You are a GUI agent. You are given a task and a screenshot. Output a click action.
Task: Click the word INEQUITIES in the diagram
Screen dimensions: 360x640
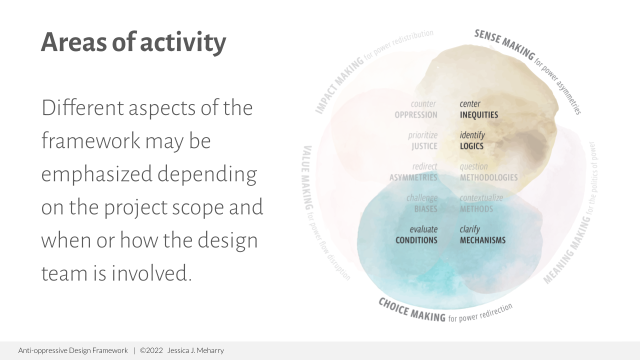pyautogui.click(x=478, y=115)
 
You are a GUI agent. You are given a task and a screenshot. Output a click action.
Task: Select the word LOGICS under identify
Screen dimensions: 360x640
pyautogui.click(x=471, y=146)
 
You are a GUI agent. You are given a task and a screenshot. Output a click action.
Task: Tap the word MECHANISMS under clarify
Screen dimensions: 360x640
pyautogui.click(x=482, y=240)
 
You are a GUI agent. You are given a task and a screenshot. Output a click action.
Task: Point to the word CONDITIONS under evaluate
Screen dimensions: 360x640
pyautogui.click(x=416, y=240)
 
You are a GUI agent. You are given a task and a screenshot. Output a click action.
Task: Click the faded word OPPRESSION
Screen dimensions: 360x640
pyautogui.click(x=415, y=115)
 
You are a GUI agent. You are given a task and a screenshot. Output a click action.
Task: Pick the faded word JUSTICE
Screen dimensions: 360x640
pyautogui.click(x=424, y=146)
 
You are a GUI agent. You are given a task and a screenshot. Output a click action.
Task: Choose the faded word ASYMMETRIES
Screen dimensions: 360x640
pyautogui.click(x=413, y=177)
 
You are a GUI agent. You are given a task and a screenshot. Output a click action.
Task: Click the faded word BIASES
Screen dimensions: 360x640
pyautogui.click(x=425, y=209)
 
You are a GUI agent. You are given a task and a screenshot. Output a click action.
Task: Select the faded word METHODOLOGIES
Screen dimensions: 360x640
pyautogui.click(x=488, y=177)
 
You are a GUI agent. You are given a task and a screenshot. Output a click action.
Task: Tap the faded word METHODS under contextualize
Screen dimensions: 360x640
pyautogui.click(x=476, y=209)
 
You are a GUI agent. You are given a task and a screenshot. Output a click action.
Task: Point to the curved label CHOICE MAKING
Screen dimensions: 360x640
pyautogui.click(x=411, y=310)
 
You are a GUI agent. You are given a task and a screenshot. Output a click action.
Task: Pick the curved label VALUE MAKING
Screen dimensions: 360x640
pyautogui.click(x=307, y=177)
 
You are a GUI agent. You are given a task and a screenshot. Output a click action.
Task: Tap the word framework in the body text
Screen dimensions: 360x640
pyautogui.click(x=90, y=141)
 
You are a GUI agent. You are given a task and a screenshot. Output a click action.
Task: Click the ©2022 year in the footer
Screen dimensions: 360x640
pyautogui.click(x=151, y=350)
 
